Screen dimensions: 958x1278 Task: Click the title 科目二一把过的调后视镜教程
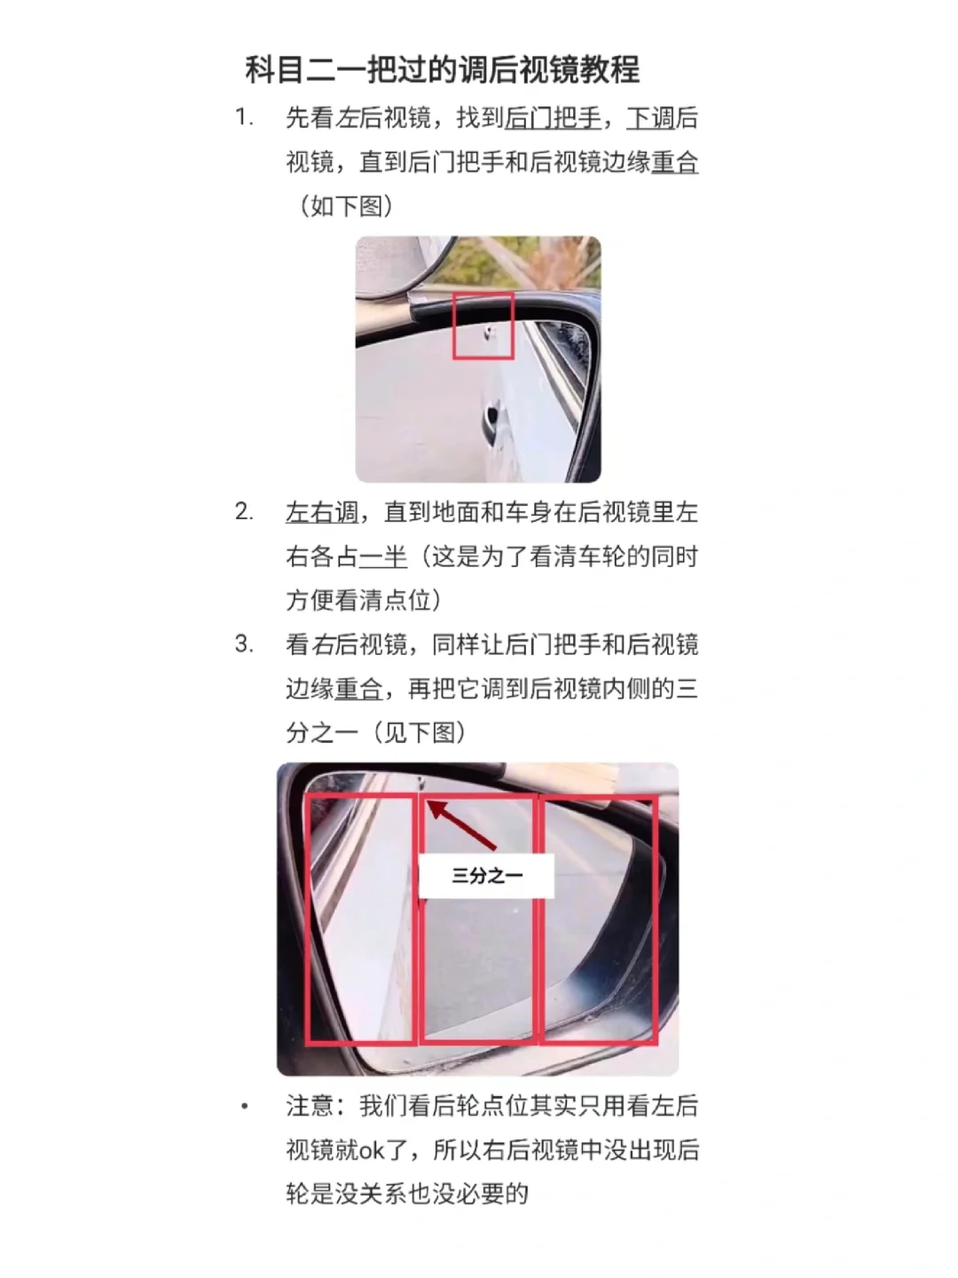(x=442, y=70)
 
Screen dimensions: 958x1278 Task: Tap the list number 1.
(x=244, y=118)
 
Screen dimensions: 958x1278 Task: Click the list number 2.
(x=244, y=512)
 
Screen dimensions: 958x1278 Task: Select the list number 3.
(x=244, y=644)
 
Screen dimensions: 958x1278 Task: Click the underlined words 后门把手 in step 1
(x=553, y=118)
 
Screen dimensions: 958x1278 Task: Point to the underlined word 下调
(x=650, y=118)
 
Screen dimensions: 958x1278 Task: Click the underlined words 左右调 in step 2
(x=322, y=512)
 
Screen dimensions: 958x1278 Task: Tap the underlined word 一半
(x=382, y=556)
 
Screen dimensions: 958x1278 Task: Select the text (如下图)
(x=346, y=206)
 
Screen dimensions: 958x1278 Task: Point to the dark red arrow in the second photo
(x=462, y=825)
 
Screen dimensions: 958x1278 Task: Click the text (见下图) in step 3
(x=419, y=732)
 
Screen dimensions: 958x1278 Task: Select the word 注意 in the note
(x=310, y=1106)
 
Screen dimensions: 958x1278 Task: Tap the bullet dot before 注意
(x=245, y=1106)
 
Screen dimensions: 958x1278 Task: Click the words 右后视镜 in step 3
(x=359, y=644)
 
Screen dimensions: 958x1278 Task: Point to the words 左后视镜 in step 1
(x=383, y=118)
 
